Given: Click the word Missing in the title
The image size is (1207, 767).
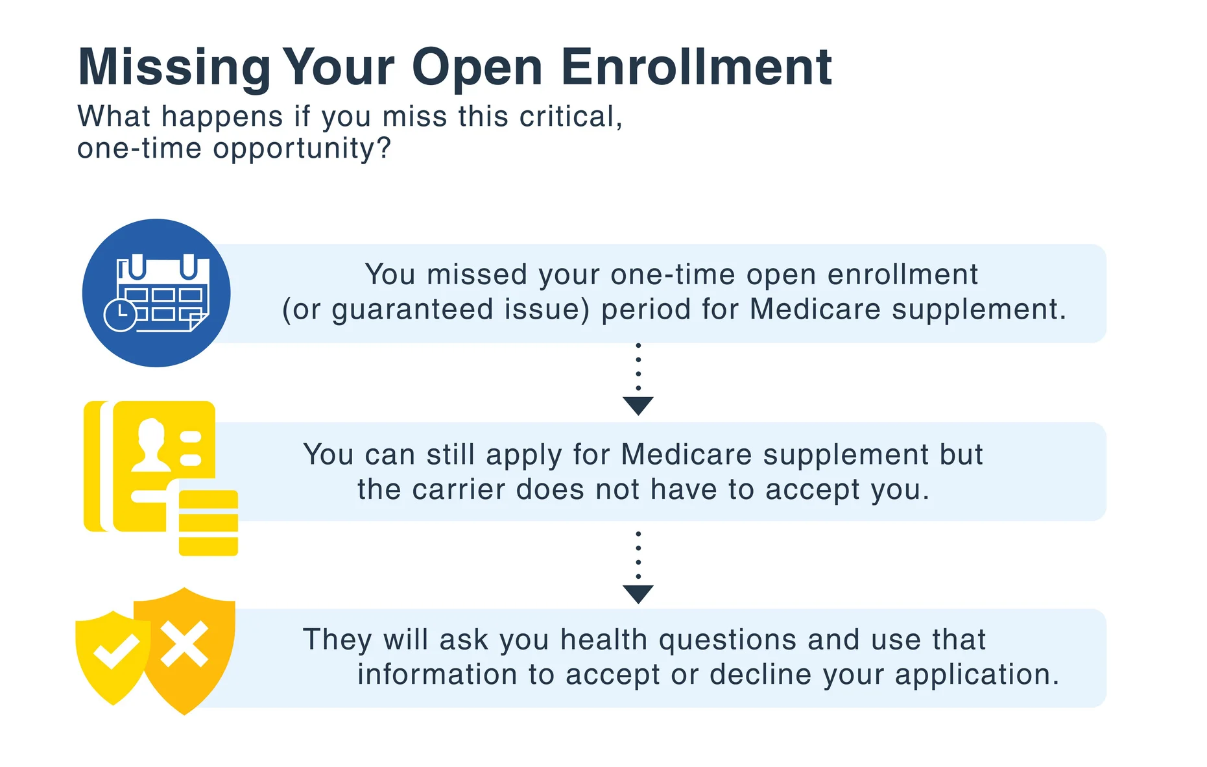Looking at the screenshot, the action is click(x=174, y=67).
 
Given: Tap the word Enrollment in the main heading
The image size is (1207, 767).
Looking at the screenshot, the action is click(x=696, y=66).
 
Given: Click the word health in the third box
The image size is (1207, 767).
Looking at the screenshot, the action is click(x=604, y=640).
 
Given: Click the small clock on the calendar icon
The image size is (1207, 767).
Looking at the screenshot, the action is click(x=120, y=315).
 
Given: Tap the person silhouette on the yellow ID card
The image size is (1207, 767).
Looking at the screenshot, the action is click(x=150, y=445).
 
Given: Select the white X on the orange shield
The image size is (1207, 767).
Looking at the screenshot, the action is click(x=185, y=644).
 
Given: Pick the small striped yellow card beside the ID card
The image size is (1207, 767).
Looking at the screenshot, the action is click(x=208, y=523).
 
